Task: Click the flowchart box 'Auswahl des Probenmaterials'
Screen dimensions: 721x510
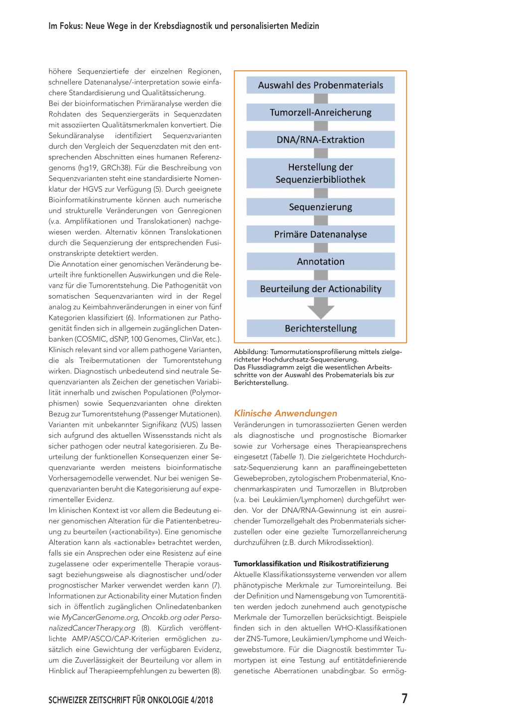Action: (x=320, y=85)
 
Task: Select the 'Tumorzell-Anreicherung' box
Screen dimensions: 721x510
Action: (x=320, y=113)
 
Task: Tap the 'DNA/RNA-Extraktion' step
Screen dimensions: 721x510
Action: (x=320, y=140)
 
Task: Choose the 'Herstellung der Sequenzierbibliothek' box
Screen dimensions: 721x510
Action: (x=320, y=173)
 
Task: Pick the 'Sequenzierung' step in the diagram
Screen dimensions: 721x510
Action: (x=320, y=207)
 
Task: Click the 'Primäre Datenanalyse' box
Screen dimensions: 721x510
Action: (x=320, y=235)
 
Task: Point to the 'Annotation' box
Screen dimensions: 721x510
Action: (x=320, y=261)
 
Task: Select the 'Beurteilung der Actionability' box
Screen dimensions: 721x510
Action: (x=320, y=289)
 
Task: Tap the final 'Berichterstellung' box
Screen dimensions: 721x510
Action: (x=320, y=329)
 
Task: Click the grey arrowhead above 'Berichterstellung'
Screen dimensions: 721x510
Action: (x=321, y=310)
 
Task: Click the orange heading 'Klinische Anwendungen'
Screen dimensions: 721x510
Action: (x=285, y=413)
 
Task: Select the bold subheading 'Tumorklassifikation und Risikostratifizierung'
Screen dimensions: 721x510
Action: (x=311, y=564)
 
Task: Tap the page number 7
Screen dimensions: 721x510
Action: (x=404, y=699)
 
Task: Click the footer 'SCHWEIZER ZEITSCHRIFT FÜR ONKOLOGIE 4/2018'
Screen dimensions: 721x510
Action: (x=130, y=700)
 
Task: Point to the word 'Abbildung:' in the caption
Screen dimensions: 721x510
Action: (x=251, y=352)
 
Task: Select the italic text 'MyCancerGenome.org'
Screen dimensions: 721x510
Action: (x=93, y=617)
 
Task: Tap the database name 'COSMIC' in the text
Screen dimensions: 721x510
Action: (x=90, y=339)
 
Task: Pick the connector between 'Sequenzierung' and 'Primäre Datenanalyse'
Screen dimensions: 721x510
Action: (x=321, y=221)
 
